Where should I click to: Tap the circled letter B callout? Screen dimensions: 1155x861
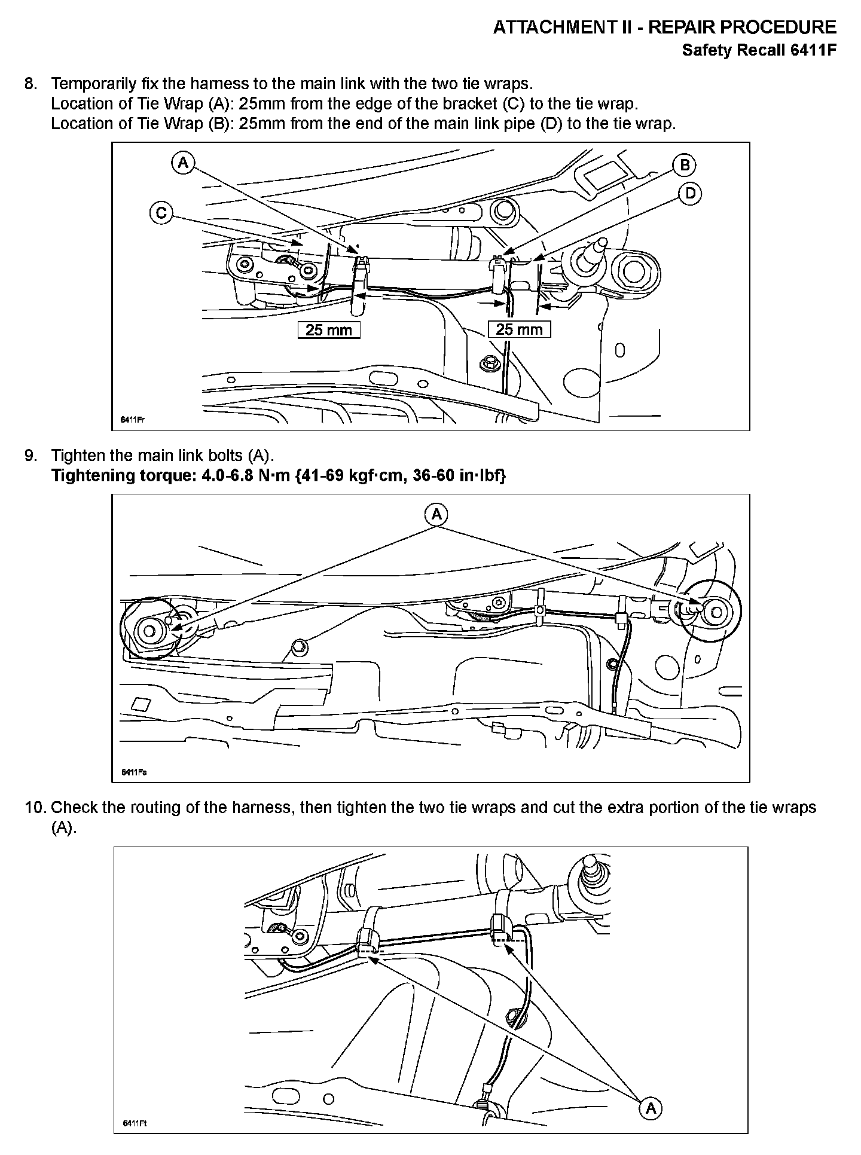tap(685, 165)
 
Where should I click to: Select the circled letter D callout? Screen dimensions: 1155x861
tap(691, 194)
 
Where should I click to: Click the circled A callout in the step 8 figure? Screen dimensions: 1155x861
tap(183, 163)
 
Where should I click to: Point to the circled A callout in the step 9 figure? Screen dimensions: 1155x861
tap(436, 514)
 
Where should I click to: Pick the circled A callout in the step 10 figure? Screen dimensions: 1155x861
tap(651, 1108)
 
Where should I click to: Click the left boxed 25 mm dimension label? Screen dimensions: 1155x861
tap(329, 330)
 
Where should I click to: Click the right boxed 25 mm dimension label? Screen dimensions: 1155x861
tap(519, 329)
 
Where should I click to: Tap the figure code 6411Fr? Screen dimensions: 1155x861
tap(133, 420)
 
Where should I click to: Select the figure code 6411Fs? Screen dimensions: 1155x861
tap(134, 772)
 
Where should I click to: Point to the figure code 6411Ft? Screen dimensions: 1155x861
tap(135, 1123)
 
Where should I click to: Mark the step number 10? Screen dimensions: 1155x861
tap(35, 808)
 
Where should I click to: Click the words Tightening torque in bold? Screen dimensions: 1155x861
tap(119, 476)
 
